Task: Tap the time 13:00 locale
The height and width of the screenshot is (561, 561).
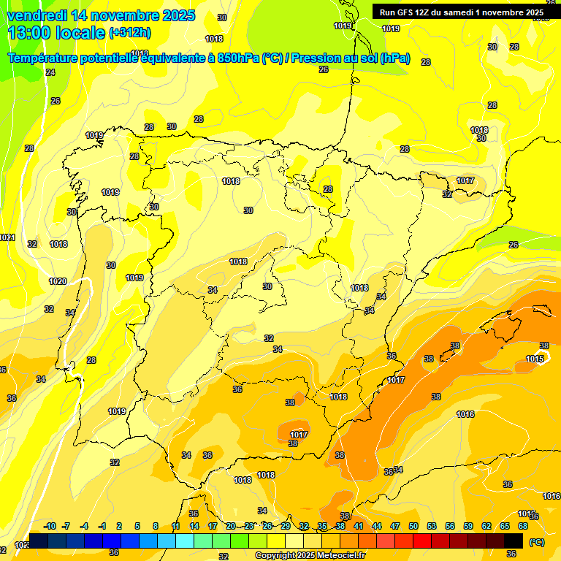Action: [x=56, y=33]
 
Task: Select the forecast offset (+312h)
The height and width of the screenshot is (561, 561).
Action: [x=129, y=33]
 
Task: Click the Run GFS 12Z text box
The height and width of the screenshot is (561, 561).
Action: [x=461, y=12]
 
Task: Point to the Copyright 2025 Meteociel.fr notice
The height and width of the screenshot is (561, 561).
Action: [x=310, y=555]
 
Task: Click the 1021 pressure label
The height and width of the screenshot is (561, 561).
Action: [x=7, y=237]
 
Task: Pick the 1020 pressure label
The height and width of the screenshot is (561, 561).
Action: [x=58, y=281]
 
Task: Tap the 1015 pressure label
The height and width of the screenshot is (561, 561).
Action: [x=535, y=359]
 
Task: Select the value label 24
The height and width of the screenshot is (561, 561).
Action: [x=50, y=72]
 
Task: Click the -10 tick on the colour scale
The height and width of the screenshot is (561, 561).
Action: [x=50, y=526]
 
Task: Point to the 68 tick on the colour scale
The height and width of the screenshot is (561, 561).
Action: [x=523, y=526]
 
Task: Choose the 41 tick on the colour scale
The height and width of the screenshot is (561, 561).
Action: [x=359, y=526]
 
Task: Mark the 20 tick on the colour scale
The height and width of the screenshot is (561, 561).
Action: [x=230, y=526]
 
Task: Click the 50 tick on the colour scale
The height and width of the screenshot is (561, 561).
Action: [x=413, y=526]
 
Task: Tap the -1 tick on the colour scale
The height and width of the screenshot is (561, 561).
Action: [x=102, y=526]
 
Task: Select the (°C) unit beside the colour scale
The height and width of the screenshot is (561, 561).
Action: [x=537, y=542]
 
